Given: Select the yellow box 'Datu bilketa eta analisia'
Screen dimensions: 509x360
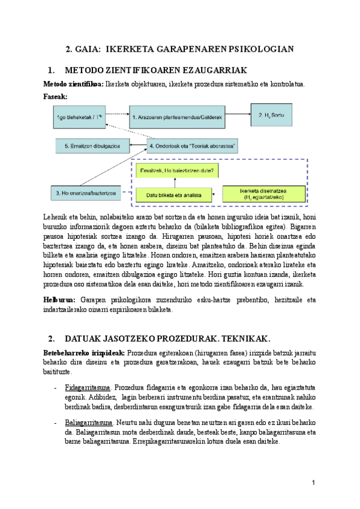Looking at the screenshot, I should click(174, 194).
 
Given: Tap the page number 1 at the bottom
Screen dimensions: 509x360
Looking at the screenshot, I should click(314, 483).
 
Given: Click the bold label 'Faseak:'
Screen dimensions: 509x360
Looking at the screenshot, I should click(56, 96).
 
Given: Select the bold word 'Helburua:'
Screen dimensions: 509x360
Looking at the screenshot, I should click(59, 300).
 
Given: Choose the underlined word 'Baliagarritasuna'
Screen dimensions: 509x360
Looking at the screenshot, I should click(89, 423).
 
